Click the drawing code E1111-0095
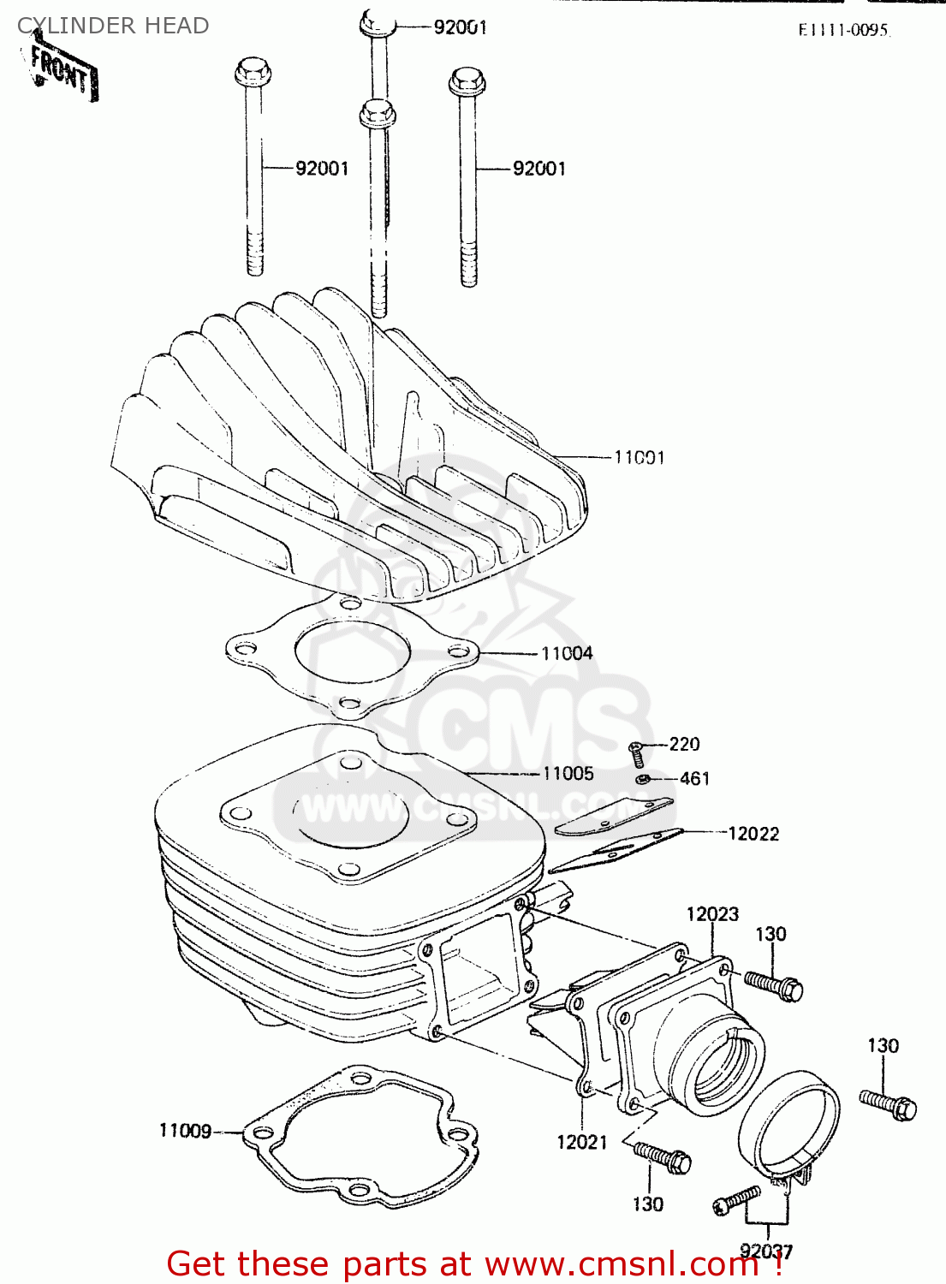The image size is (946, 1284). pyautogui.click(x=843, y=30)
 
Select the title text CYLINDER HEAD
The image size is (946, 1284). pyautogui.click(x=113, y=26)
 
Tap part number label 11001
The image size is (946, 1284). pyautogui.click(x=639, y=457)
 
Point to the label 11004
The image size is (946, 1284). pyautogui.click(x=567, y=653)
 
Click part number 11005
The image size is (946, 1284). pyautogui.click(x=568, y=773)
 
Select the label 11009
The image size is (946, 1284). pyautogui.click(x=185, y=1131)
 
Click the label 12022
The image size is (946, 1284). pyautogui.click(x=753, y=833)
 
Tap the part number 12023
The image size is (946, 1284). pyautogui.click(x=712, y=913)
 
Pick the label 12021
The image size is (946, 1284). pyautogui.click(x=581, y=1142)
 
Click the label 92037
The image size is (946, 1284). pyautogui.click(x=766, y=1251)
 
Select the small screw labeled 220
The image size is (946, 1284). pyautogui.click(x=635, y=753)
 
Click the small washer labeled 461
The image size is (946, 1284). pyautogui.click(x=643, y=779)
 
